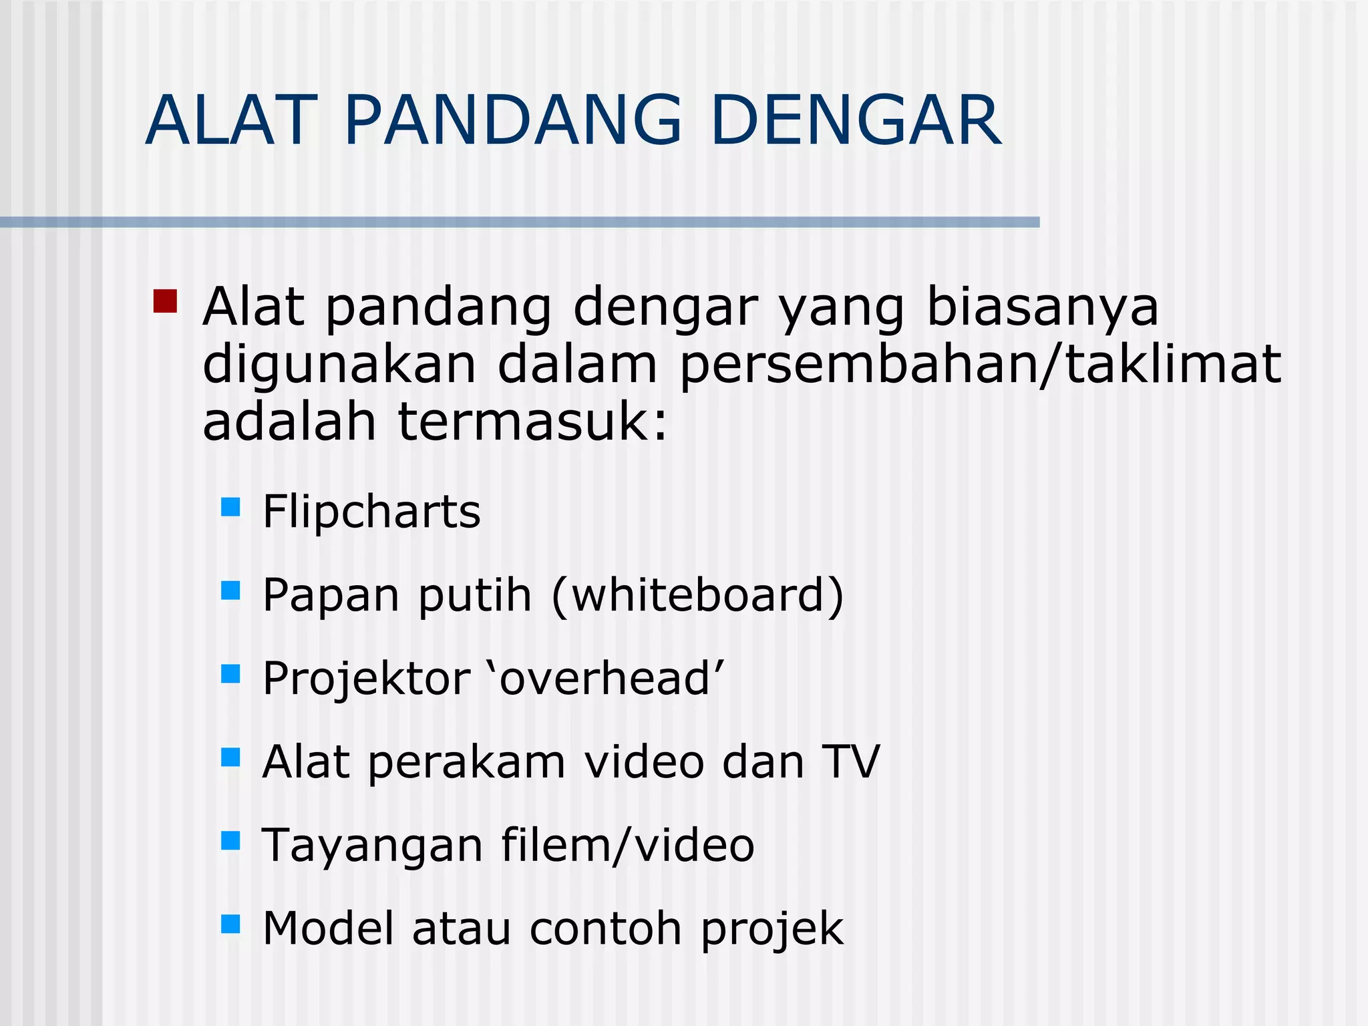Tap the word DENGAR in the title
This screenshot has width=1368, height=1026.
[x=856, y=121]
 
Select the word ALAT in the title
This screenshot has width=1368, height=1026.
[x=230, y=121]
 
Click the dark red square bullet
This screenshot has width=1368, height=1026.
[x=165, y=301]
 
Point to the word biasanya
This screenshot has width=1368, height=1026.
[x=1043, y=309]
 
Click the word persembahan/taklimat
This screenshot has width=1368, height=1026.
[x=980, y=365]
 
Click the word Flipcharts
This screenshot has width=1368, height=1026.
[x=371, y=512]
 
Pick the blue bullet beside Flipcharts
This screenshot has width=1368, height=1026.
[x=230, y=507]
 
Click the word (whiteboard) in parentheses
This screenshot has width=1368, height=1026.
[x=698, y=595]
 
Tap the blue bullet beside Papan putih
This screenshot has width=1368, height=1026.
[x=230, y=590]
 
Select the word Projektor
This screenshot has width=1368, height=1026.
[x=367, y=679]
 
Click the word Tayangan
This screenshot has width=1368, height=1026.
[x=372, y=846]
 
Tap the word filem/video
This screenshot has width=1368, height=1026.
[x=628, y=845]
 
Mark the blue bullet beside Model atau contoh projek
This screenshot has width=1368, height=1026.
[x=230, y=924]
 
